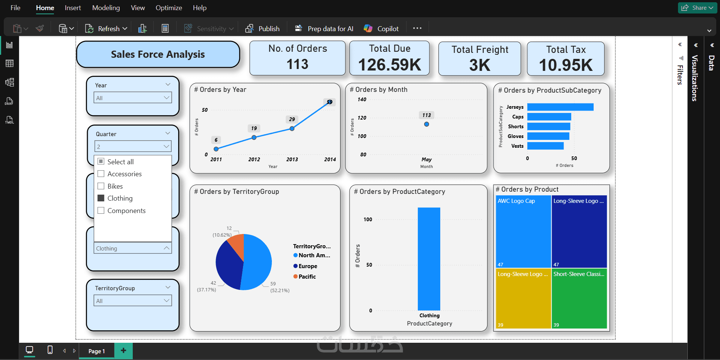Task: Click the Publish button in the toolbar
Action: pos(262,28)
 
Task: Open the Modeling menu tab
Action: pos(106,8)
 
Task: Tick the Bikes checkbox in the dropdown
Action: pos(101,186)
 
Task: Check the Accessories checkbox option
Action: pos(101,174)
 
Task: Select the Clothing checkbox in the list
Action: pos(101,198)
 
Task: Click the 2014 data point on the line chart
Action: pos(329,102)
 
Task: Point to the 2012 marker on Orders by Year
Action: pos(254,137)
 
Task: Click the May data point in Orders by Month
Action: pos(426,124)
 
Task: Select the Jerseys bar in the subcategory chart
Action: pos(560,107)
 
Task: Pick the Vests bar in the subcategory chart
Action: pos(545,146)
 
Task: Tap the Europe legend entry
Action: pos(307,266)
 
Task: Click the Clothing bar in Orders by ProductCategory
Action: pos(429,259)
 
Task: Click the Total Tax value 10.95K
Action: pos(565,65)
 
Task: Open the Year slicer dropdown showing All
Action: pos(133,98)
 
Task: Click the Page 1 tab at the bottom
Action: pos(96,351)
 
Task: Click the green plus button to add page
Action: pos(123,351)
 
